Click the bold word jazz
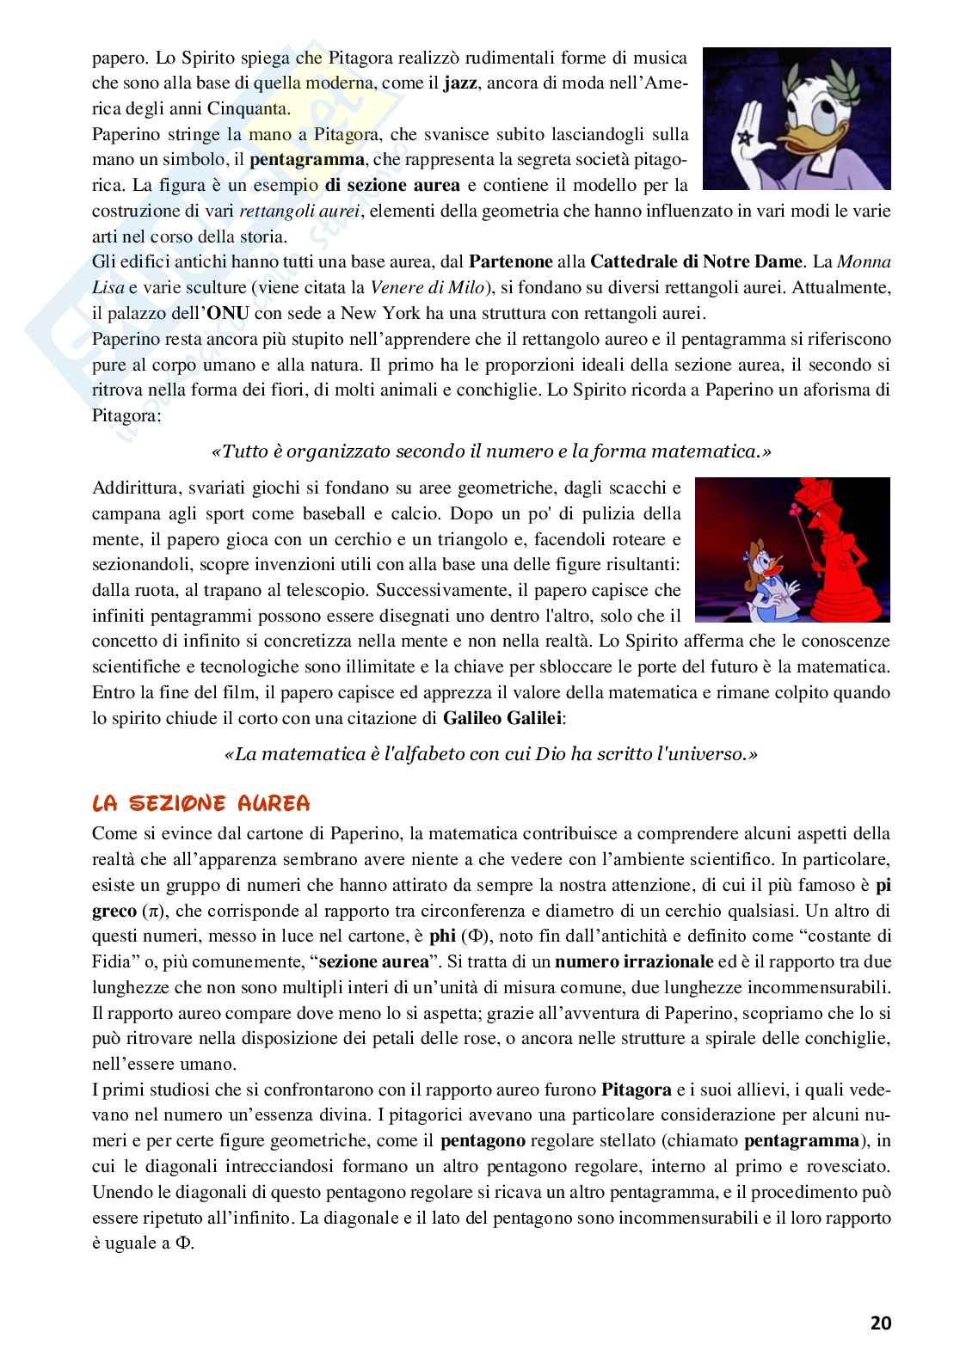pyautogui.click(x=460, y=84)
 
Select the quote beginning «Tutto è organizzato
pyautogui.click(x=491, y=451)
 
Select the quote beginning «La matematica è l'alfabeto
pyautogui.click(x=491, y=754)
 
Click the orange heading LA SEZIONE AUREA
pyautogui.click(x=200, y=804)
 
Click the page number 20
pyautogui.click(x=880, y=1323)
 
